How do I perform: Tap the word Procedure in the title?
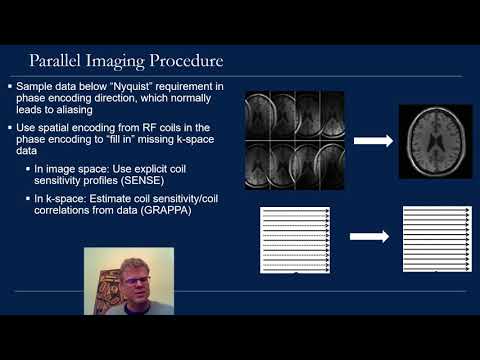click(186, 62)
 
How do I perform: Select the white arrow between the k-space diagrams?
click(371, 240)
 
